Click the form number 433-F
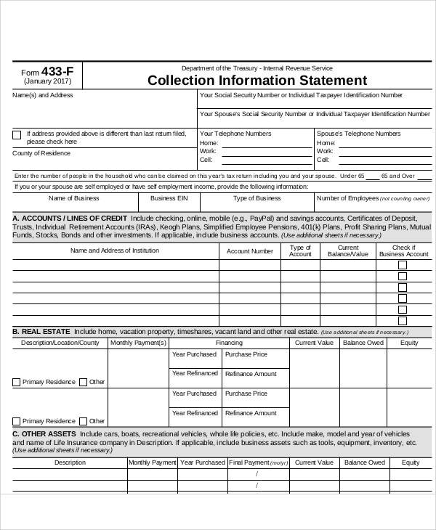(x=57, y=71)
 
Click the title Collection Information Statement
(x=257, y=80)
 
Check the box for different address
(x=17, y=134)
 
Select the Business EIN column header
(x=169, y=198)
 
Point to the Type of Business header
(x=257, y=198)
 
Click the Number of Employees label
(x=348, y=198)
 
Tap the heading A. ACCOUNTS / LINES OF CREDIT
(x=70, y=219)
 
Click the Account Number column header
(x=250, y=251)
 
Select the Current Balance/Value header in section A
(x=343, y=251)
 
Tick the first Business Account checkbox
(x=403, y=265)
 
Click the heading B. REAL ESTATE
(x=42, y=331)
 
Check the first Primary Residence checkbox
(x=17, y=382)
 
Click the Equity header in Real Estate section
(x=409, y=342)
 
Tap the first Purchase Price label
(x=246, y=354)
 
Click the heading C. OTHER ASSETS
(x=46, y=433)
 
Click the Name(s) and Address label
(x=42, y=95)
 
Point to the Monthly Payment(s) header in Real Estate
(x=138, y=342)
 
